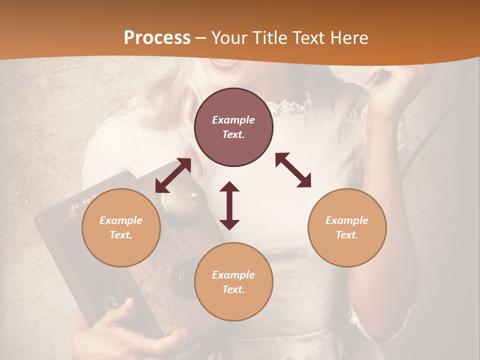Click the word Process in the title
click(x=157, y=37)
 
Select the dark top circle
click(x=233, y=127)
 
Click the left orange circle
click(x=121, y=227)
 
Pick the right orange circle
click(x=347, y=227)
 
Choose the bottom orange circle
click(x=233, y=282)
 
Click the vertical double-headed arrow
click(x=229, y=205)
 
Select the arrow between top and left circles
click(x=173, y=175)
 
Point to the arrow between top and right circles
click(x=293, y=170)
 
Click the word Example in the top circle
click(x=233, y=120)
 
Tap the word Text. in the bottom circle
click(x=233, y=289)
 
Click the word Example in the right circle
click(x=347, y=220)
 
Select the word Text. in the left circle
click(x=121, y=235)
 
